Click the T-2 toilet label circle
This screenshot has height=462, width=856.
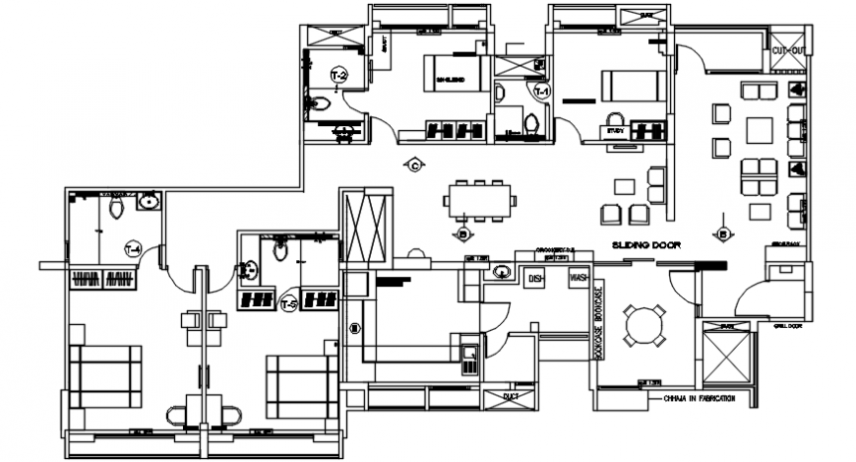click(336, 75)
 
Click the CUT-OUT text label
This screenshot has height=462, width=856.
click(789, 50)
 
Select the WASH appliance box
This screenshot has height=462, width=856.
click(579, 279)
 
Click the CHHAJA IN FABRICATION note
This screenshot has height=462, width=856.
click(701, 399)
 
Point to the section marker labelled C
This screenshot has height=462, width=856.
click(414, 165)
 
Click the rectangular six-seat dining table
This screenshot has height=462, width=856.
click(479, 199)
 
